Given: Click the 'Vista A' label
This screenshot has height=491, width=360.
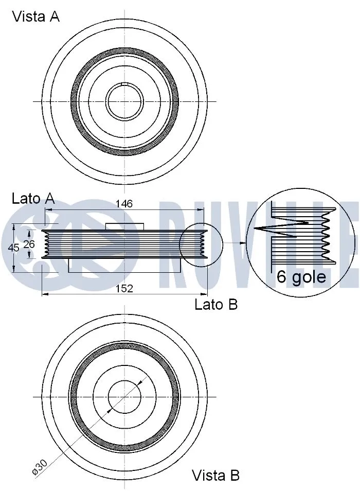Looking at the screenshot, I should pyautogui.click(x=35, y=16).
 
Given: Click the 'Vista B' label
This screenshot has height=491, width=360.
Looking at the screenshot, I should pyautogui.click(x=215, y=475).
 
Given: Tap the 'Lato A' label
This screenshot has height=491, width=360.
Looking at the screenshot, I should pyautogui.click(x=33, y=199).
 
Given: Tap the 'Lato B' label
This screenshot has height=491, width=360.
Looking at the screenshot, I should pyautogui.click(x=216, y=305).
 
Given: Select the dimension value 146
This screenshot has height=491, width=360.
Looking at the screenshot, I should pyautogui.click(x=124, y=204).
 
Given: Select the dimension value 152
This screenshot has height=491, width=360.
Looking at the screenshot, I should pyautogui.click(x=124, y=289).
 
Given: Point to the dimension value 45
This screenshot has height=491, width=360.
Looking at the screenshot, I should pyautogui.click(x=14, y=248).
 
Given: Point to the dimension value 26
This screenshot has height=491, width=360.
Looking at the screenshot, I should pyautogui.click(x=29, y=244).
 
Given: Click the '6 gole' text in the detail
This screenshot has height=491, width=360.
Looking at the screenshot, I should pyautogui.click(x=301, y=277).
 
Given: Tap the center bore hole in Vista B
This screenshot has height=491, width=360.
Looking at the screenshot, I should pyautogui.click(x=124, y=397).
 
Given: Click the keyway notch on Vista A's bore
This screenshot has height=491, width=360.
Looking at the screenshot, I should pyautogui.click(x=124, y=84).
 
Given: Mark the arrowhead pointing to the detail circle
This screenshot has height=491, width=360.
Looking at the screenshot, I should pyautogui.click(x=244, y=242).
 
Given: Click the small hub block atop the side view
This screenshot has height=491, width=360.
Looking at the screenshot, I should pyautogui.click(x=124, y=226).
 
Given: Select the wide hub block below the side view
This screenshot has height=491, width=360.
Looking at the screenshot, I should pyautogui.click(x=124, y=265).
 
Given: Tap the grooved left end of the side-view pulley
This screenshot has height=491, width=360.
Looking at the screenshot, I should pyautogui.click(x=46, y=242).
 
